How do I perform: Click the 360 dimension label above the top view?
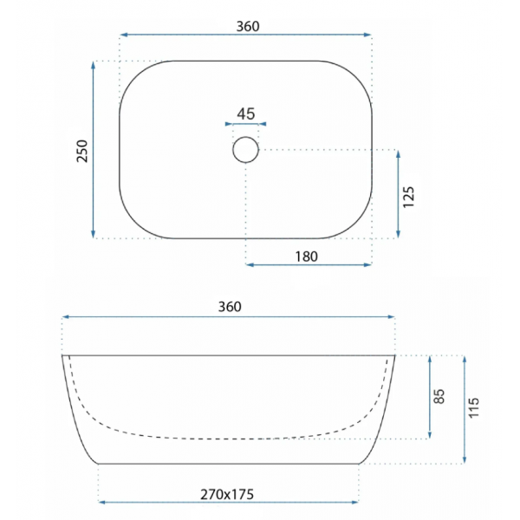[248, 26]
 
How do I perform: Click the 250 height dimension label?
[82, 151]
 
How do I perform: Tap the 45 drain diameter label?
[246, 114]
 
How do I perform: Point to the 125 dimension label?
[408, 197]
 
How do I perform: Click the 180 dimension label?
[307, 257]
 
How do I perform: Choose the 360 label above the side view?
[230, 307]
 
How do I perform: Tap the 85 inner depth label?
[439, 396]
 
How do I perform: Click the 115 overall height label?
[473, 407]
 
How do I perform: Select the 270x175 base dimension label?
[227, 495]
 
